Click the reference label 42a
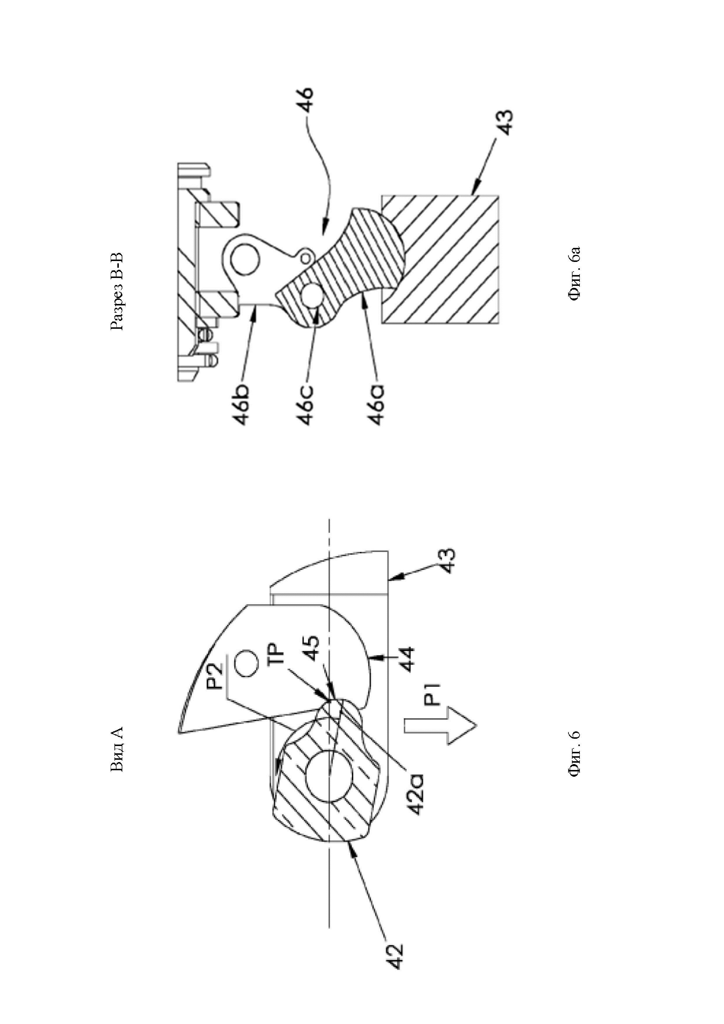416,777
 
